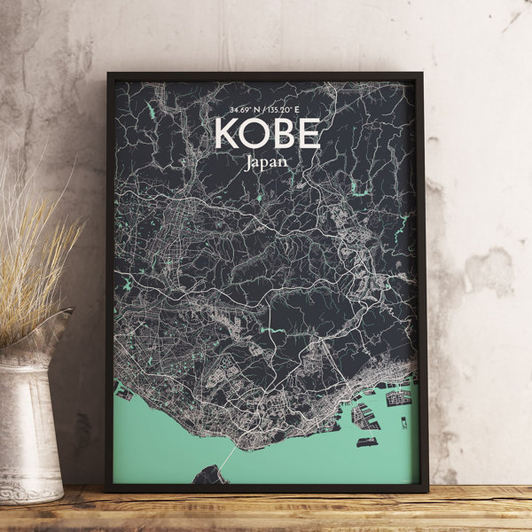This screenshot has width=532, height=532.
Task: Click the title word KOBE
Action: point(266,134)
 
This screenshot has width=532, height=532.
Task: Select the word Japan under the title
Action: point(266,162)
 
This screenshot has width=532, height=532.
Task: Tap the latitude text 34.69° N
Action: point(242,111)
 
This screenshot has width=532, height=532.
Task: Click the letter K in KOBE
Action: point(226,134)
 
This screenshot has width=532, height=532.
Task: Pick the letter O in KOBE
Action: point(253,134)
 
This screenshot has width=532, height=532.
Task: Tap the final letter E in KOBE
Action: point(308,134)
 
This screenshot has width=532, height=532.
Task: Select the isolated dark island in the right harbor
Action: point(367,441)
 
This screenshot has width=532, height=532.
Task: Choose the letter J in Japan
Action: point(246,162)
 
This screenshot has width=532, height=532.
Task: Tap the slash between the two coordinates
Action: point(264,111)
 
